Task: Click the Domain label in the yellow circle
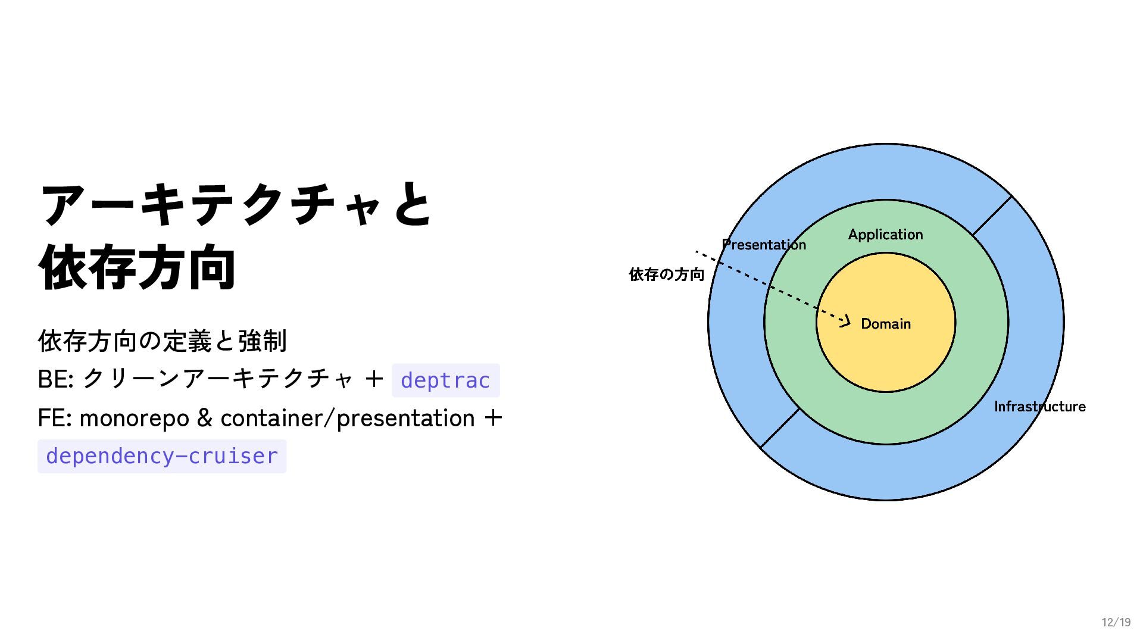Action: click(885, 324)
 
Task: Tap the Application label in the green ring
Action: click(885, 235)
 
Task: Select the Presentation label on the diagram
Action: click(764, 245)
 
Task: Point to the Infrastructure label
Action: click(1039, 407)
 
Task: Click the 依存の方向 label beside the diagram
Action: click(666, 274)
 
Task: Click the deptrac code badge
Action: click(445, 380)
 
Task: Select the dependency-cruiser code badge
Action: click(162, 457)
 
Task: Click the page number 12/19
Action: click(1116, 622)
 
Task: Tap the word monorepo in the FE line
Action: click(134, 419)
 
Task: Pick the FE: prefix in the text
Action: click(55, 419)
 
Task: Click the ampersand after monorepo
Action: click(204, 419)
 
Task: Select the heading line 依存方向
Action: click(137, 268)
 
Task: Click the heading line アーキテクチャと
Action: click(236, 204)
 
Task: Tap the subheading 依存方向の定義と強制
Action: click(162, 341)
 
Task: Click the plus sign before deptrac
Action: click(374, 379)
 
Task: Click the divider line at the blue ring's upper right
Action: click(992, 216)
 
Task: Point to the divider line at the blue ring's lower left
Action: click(780, 428)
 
